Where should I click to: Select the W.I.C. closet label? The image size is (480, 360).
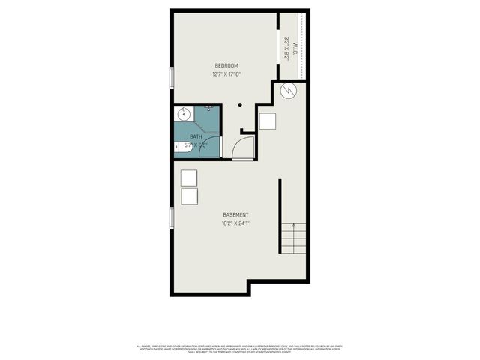(x=295, y=47)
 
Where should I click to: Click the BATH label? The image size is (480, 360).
(x=196, y=136)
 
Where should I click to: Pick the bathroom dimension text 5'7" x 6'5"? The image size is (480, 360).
(x=197, y=144)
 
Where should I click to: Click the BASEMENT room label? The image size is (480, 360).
(x=235, y=215)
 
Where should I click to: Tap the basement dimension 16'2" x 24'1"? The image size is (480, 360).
(x=235, y=223)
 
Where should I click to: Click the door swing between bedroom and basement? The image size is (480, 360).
(x=241, y=148)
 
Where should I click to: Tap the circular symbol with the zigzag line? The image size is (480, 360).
(x=289, y=91)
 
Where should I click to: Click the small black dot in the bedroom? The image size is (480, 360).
(x=240, y=105)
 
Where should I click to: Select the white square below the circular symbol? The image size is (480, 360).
(x=268, y=122)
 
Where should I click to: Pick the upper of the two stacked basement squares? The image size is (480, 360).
(x=189, y=178)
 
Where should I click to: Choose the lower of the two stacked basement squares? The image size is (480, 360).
(x=189, y=196)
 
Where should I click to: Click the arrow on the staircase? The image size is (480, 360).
(x=293, y=225)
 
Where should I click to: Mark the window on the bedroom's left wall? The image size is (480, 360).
(x=172, y=77)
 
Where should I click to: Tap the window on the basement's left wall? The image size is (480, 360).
(x=172, y=217)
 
